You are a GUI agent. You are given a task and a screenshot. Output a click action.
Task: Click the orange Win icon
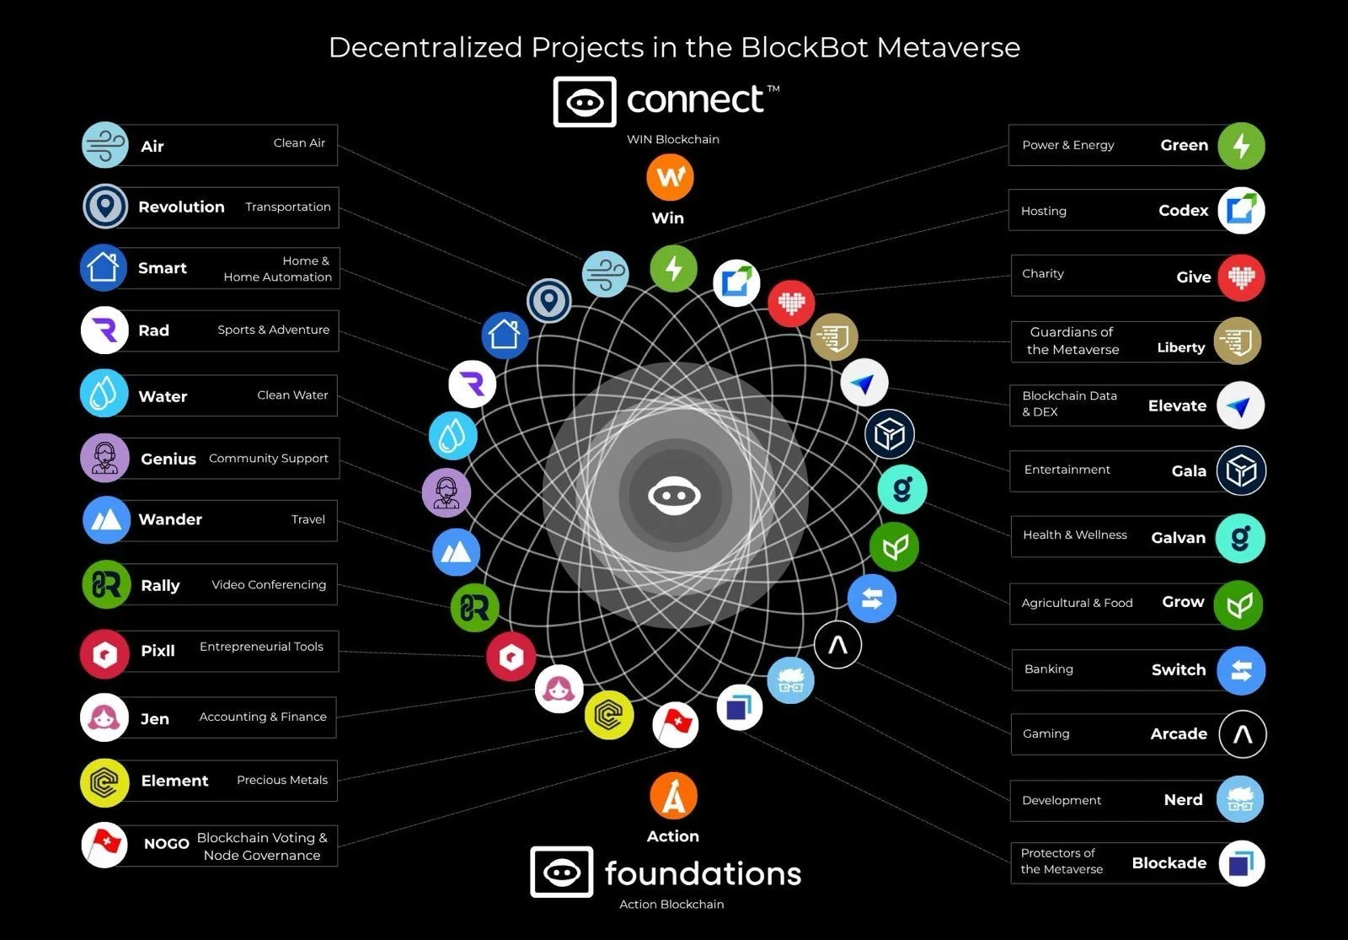click(x=671, y=177)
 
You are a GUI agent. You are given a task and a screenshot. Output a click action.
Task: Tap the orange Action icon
click(x=673, y=795)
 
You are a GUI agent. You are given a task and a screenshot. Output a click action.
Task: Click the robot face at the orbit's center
click(x=674, y=496)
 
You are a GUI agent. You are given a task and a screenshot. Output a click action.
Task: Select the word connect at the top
click(x=695, y=100)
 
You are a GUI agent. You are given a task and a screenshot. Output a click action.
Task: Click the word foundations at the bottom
click(x=703, y=873)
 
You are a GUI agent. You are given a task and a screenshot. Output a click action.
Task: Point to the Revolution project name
click(x=181, y=207)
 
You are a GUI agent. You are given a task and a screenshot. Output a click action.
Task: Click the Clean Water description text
click(x=292, y=395)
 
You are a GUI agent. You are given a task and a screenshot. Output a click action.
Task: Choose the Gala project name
click(x=1189, y=471)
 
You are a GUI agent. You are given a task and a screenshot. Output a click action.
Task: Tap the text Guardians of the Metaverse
click(x=1073, y=341)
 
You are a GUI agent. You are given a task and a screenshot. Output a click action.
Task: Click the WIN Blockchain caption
click(x=673, y=140)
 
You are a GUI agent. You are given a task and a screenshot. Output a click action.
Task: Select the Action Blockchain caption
click(x=671, y=905)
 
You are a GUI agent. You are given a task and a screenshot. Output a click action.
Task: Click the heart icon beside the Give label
click(x=1241, y=277)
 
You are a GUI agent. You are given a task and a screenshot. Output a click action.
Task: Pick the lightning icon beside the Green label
click(x=1241, y=146)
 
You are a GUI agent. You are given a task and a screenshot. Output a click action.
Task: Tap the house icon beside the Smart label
click(x=104, y=267)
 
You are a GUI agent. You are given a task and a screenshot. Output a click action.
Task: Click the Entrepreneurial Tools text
click(x=261, y=647)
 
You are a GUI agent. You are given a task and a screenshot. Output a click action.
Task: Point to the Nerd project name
click(x=1183, y=800)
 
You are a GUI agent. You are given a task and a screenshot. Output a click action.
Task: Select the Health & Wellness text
click(x=1074, y=535)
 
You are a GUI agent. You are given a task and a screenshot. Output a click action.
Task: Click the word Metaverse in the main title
click(x=948, y=47)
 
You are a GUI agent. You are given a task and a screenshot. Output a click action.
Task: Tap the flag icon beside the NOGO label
click(x=104, y=844)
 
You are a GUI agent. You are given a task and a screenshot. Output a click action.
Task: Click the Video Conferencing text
click(x=269, y=585)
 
